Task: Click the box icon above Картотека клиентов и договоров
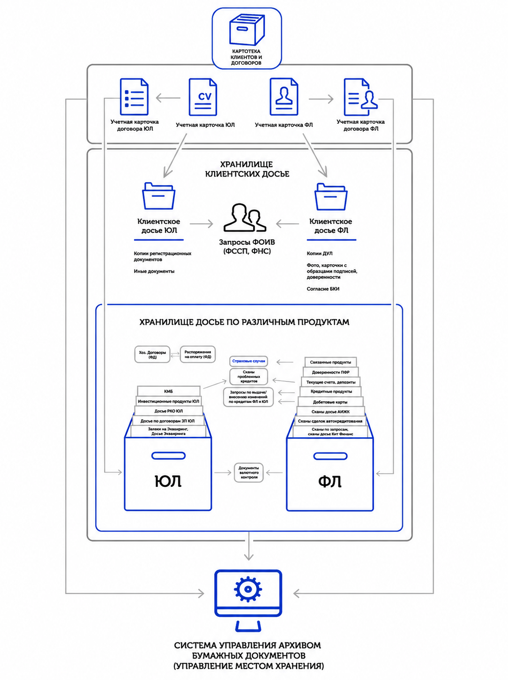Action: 247,30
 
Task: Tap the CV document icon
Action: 203,97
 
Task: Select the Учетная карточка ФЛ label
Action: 284,125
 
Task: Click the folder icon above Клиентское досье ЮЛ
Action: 158,196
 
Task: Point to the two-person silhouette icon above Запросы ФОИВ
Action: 245,217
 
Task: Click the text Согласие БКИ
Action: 323,289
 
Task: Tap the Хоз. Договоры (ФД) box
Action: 152,354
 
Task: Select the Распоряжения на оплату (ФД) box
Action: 198,354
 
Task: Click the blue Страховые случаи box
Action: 248,361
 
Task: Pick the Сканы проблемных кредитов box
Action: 248,376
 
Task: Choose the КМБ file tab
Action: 169,391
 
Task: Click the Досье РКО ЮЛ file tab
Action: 169,411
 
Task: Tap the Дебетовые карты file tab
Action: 330,402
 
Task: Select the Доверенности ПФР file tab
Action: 330,372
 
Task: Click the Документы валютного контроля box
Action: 248,472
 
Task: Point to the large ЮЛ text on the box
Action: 168,481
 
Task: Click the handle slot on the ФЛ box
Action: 330,456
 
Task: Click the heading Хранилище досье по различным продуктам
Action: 244,322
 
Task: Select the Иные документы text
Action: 154,271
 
